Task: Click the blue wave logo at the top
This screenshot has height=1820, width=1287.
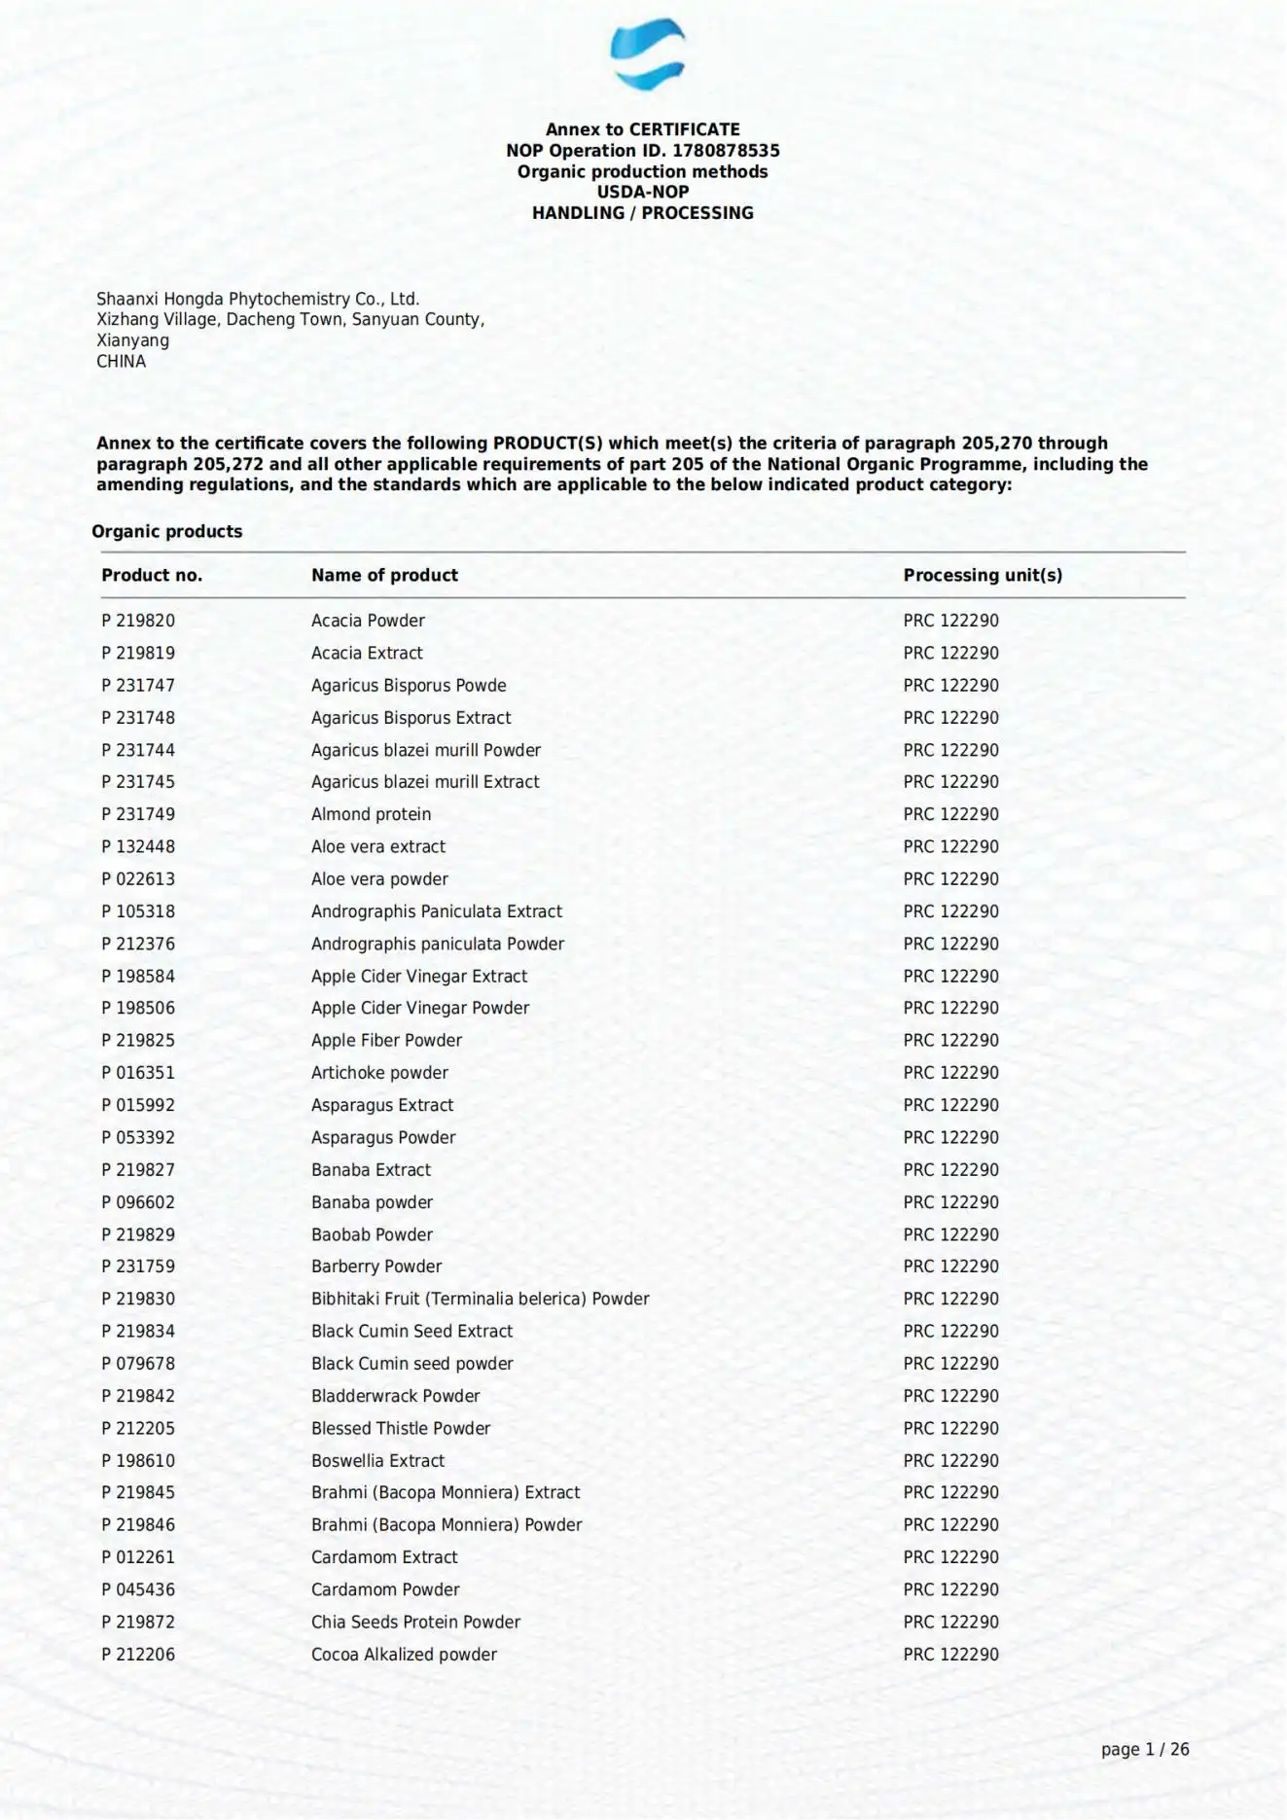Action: pyautogui.click(x=647, y=54)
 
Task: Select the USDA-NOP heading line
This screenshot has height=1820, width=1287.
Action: pyautogui.click(x=642, y=192)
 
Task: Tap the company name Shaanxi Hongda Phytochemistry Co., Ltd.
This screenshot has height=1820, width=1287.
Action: pyautogui.click(x=258, y=299)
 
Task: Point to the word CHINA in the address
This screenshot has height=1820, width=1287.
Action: pyautogui.click(x=121, y=361)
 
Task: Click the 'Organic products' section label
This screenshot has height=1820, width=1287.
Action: pyautogui.click(x=166, y=531)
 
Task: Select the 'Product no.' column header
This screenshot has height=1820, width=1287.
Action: pyautogui.click(x=152, y=575)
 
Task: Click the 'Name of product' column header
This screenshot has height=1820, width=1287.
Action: pyautogui.click(x=384, y=575)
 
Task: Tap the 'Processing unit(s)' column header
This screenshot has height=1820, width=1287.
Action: pyautogui.click(x=983, y=575)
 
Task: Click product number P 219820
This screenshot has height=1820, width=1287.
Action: pyautogui.click(x=138, y=621)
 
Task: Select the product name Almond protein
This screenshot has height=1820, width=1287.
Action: pyautogui.click(x=371, y=814)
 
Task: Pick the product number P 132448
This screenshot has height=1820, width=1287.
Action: pyautogui.click(x=138, y=846)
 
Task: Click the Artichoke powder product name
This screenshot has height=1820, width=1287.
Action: pyautogui.click(x=379, y=1073)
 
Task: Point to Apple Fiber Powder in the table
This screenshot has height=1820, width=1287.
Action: pyautogui.click(x=386, y=1040)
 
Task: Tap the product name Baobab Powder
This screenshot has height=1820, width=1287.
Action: pyautogui.click(x=372, y=1234)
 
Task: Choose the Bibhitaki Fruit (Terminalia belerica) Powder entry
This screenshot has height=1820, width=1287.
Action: pyautogui.click(x=480, y=1299)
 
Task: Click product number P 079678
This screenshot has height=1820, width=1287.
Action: pyautogui.click(x=138, y=1364)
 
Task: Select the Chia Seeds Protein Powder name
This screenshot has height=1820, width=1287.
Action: pyautogui.click(x=415, y=1622)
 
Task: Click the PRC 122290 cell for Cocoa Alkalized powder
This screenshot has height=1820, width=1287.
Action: pyautogui.click(x=950, y=1654)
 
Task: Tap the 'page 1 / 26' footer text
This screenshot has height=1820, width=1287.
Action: pyautogui.click(x=1144, y=1749)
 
